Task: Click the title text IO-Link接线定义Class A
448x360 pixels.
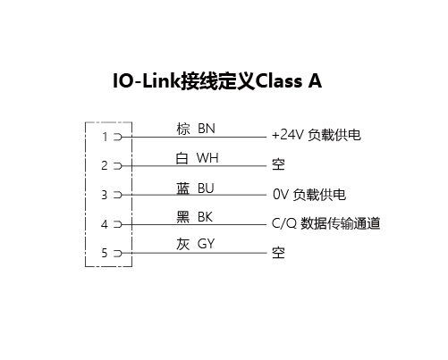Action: click(217, 80)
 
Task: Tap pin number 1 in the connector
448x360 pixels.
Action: click(105, 137)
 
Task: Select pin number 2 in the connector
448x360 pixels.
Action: click(105, 165)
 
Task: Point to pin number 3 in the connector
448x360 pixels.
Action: click(105, 195)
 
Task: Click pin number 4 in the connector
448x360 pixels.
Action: click(105, 224)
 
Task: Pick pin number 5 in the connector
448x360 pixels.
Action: click(105, 253)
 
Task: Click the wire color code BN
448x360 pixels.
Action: click(207, 129)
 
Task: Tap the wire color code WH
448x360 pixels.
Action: click(207, 158)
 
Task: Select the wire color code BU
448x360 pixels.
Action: click(206, 188)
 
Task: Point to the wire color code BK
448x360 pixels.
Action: click(205, 217)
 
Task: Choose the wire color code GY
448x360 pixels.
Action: click(206, 244)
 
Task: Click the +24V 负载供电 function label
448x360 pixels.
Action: click(317, 135)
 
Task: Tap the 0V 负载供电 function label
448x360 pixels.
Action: click(309, 195)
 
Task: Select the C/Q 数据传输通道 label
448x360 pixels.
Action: click(325, 223)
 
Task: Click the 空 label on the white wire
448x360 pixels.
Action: click(278, 164)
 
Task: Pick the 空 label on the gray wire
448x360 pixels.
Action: click(278, 253)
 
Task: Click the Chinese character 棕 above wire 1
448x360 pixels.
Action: click(183, 129)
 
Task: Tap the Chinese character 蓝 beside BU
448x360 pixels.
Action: click(183, 188)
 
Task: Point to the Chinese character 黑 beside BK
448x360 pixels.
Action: click(183, 217)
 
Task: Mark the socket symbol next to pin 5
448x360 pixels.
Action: click(118, 253)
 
